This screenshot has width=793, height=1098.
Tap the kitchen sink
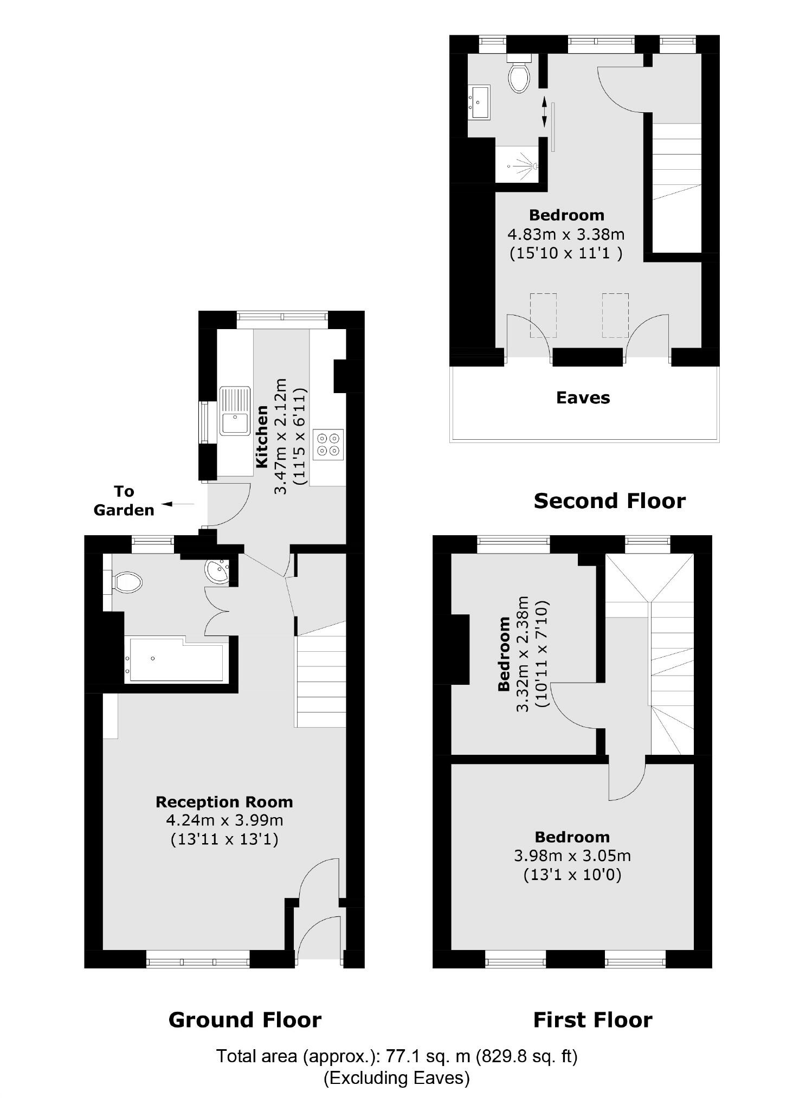[235, 411]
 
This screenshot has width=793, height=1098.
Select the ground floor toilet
[128, 583]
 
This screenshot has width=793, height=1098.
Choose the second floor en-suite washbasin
[479, 102]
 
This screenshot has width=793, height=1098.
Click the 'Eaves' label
[583, 398]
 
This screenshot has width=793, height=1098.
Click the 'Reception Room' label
[224, 802]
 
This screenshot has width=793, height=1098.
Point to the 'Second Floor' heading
[609, 501]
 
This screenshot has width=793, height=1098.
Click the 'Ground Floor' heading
[245, 1020]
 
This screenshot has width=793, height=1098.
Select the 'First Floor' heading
[592, 1020]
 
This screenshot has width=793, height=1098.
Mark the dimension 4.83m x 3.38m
[566, 235]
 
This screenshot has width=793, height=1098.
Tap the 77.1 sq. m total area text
[397, 1056]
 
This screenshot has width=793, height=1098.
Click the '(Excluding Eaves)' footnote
[396, 1077]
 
